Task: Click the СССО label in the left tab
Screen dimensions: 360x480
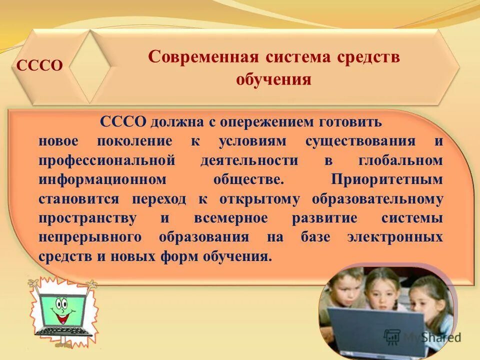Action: (40, 65)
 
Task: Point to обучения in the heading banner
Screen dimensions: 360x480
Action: (273, 79)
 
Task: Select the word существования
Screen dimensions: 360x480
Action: (360, 141)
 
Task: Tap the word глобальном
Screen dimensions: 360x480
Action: (400, 160)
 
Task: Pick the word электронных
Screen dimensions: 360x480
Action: (395, 237)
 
